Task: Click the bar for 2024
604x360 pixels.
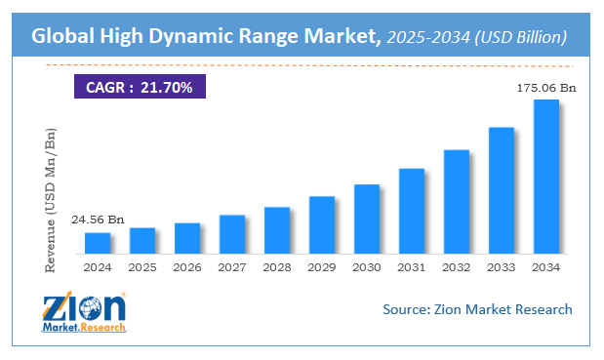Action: (98, 243)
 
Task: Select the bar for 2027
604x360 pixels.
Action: (232, 234)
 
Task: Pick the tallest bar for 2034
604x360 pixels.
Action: (546, 177)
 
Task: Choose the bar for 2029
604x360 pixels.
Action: (322, 224)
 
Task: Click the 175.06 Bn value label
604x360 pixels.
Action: (546, 88)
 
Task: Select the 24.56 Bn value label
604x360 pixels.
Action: (97, 220)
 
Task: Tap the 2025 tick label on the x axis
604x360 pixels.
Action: (142, 266)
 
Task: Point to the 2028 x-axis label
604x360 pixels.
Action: (277, 266)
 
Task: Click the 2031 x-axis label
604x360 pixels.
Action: (412, 266)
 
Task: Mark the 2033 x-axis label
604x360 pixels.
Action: (502, 266)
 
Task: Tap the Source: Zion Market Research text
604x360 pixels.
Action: (476, 309)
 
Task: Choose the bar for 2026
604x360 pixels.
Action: (187, 238)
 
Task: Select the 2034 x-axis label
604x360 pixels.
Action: (546, 266)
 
